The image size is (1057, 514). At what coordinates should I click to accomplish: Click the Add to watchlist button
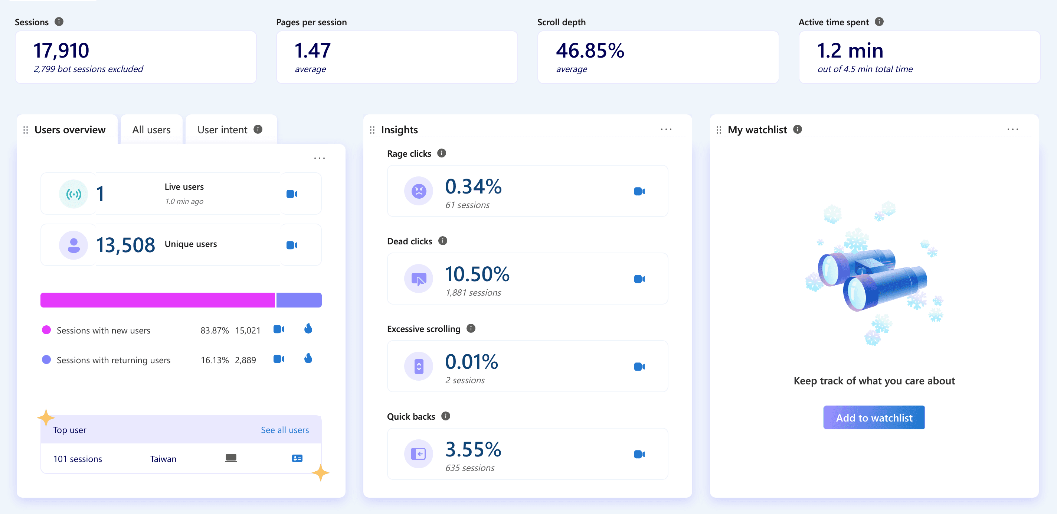874,417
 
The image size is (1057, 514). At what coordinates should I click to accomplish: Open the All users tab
151,130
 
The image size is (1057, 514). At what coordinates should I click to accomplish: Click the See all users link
285,430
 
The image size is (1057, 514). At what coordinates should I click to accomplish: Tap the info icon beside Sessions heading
59,21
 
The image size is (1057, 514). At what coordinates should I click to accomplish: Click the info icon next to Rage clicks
442,153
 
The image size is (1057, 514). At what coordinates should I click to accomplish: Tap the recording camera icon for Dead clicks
639,279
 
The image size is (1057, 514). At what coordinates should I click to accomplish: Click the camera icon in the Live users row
292,194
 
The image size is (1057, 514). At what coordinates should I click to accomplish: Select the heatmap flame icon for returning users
308,358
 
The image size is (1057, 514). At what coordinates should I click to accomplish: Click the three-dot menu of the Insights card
666,129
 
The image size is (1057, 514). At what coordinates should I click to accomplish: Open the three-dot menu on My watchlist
1013,129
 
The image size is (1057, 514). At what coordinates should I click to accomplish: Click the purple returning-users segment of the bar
299,300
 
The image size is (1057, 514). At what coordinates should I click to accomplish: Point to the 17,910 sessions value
61,51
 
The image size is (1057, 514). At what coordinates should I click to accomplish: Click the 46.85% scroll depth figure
590,51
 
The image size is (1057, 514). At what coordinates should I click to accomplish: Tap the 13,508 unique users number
125,245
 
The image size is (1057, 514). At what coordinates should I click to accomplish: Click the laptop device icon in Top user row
231,458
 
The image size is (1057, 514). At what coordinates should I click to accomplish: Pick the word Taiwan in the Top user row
163,459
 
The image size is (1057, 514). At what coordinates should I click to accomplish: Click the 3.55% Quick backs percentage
473,449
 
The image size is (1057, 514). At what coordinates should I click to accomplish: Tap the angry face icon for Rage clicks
419,191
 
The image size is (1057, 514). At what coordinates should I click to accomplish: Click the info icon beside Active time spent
879,21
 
